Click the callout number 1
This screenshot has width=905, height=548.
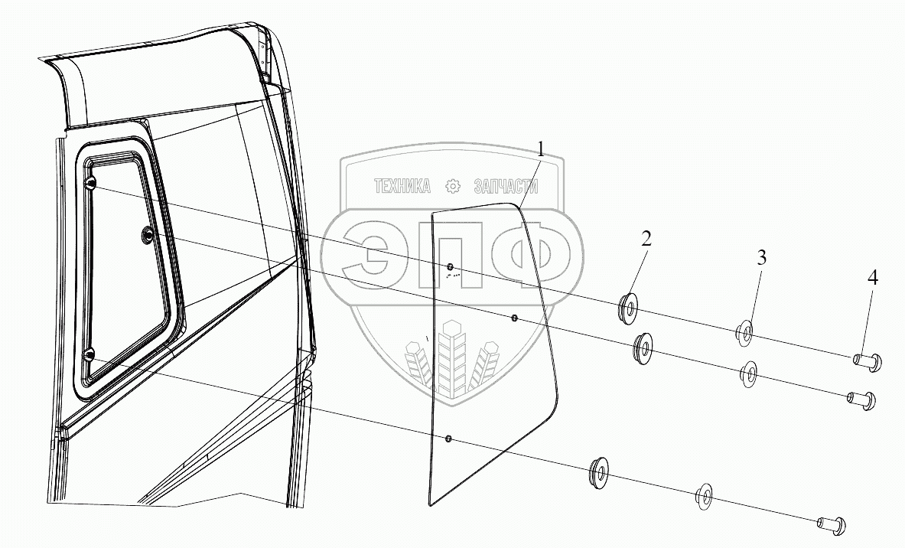coord(541,150)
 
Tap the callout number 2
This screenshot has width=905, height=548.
coord(646,239)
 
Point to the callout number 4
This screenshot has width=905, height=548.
coord(873,279)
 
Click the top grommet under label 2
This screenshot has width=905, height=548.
coord(628,307)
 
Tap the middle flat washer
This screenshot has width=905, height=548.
coord(748,374)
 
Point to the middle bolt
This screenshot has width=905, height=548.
coord(860,399)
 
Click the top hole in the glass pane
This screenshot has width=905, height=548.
coord(451,266)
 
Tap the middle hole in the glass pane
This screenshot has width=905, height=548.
coord(514,317)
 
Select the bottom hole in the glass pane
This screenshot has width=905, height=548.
coord(448,439)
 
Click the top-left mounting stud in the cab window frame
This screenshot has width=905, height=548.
coord(90,183)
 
